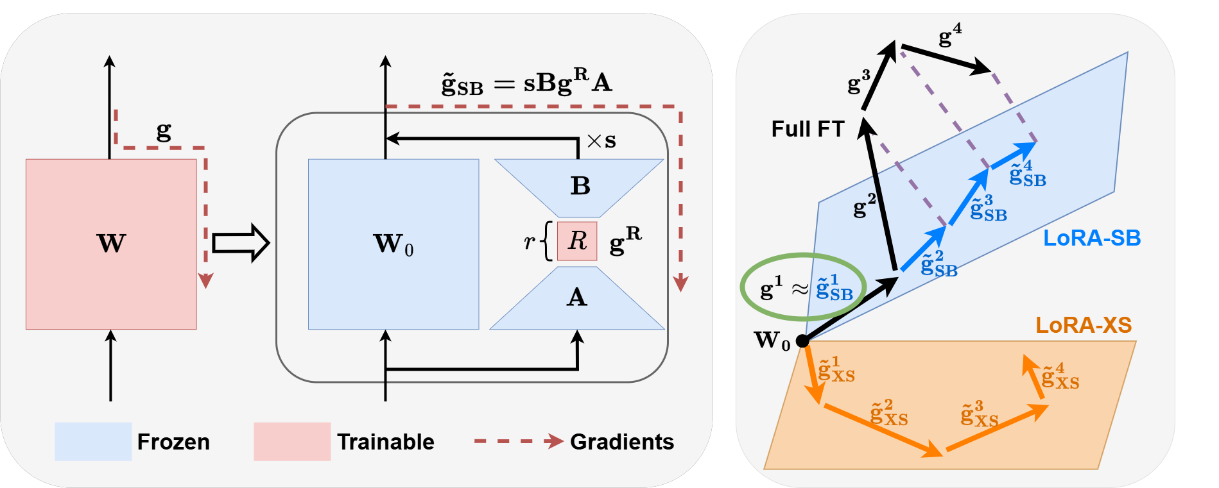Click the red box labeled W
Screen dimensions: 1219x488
(x=111, y=244)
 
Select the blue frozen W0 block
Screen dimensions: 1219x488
(x=393, y=244)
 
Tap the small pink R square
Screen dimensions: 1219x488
(x=577, y=241)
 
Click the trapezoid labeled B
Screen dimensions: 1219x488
(x=579, y=188)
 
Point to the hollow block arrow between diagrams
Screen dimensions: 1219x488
(x=241, y=243)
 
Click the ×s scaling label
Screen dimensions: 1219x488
(x=601, y=140)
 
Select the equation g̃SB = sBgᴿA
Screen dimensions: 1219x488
(x=526, y=82)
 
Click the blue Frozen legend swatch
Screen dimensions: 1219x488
(x=93, y=441)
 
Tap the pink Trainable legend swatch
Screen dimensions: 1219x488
(x=292, y=441)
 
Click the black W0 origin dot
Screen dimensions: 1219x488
(x=802, y=341)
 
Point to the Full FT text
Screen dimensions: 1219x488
(x=808, y=129)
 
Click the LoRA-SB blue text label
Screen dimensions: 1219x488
(x=1092, y=238)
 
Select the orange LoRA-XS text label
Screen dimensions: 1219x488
(x=1084, y=325)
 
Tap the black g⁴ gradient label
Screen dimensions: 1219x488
(x=950, y=35)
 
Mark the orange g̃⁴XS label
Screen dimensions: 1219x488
(x=1060, y=376)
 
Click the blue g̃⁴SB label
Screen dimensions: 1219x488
(x=1027, y=174)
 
